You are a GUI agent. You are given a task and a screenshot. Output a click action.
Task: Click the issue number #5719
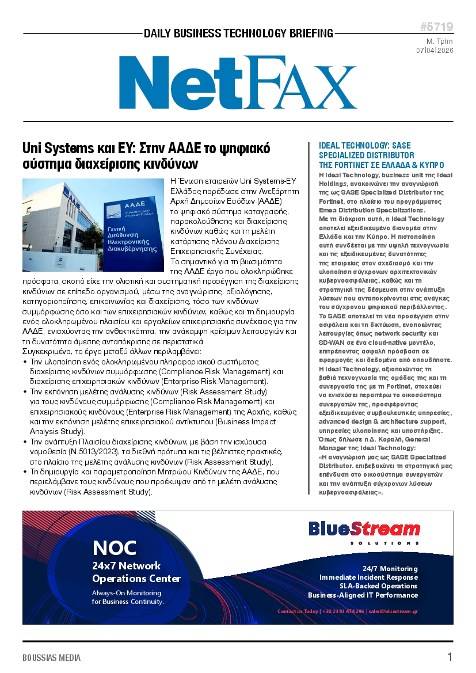pos(436,28)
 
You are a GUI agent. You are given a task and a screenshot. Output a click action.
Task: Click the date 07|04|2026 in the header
pos(435,50)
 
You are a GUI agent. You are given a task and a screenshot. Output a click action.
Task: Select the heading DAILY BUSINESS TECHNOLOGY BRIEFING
pos(238,33)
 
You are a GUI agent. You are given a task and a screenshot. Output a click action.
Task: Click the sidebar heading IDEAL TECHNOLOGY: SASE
pos(365,146)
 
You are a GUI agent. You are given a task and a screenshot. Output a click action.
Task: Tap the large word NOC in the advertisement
pos(115,548)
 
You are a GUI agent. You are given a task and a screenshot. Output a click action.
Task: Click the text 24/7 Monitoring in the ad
pos(390,568)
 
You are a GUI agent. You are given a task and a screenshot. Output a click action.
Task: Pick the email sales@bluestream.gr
pos(393,611)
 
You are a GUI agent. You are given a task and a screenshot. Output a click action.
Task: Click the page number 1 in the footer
pos(450,657)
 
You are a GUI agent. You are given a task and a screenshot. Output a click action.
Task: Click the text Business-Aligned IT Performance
pos(363,595)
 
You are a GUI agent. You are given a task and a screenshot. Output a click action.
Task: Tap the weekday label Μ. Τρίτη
pos(439,41)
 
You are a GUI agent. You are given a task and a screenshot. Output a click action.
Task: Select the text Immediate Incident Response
pos(368,577)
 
